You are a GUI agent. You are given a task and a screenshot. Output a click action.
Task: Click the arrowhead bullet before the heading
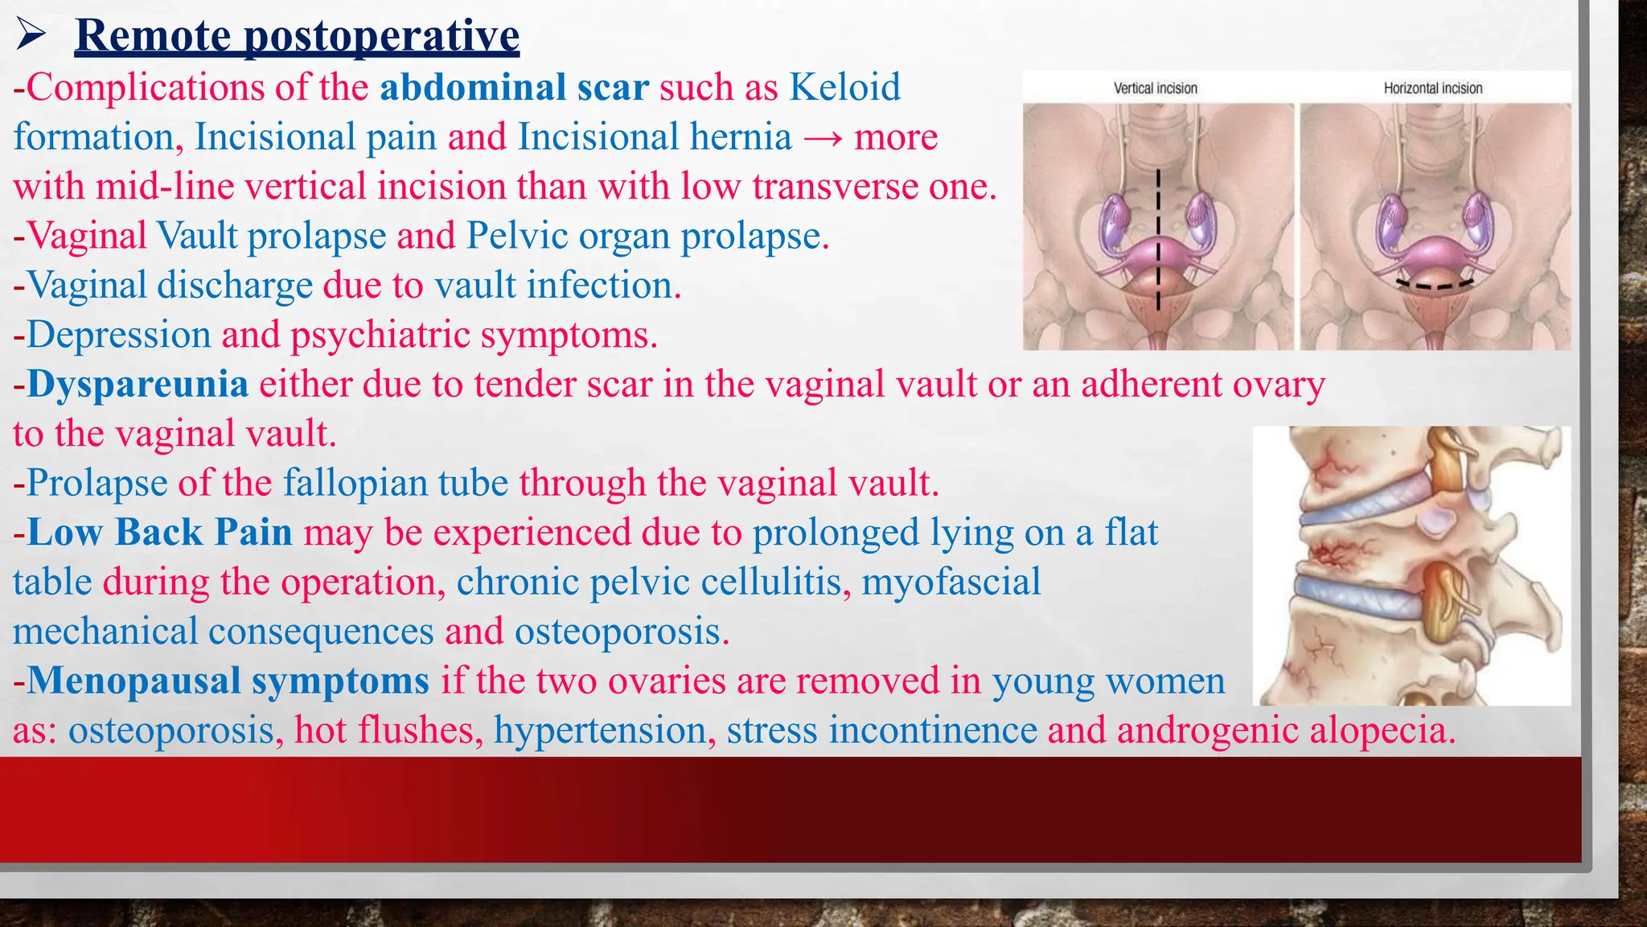point(30,35)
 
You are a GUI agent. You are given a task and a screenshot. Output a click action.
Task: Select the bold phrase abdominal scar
point(514,87)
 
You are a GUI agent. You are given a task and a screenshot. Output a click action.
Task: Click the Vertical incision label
point(1155,89)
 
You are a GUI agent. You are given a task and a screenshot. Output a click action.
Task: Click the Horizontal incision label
point(1432,89)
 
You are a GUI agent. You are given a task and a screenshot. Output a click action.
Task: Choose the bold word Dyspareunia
point(138,384)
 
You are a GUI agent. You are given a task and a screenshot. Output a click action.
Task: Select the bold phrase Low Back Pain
point(159,533)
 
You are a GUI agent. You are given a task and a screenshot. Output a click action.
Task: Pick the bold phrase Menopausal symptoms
point(228,681)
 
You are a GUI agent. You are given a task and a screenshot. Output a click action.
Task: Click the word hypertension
point(600,731)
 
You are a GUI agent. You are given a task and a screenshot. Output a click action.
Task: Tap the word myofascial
point(951,582)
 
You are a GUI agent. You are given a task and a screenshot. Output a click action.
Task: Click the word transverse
point(836,187)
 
